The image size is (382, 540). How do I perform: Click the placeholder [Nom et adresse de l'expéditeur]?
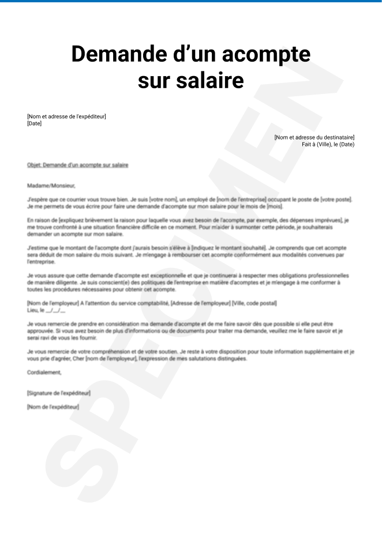pyautogui.click(x=66, y=116)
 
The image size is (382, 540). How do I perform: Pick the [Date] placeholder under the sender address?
pyautogui.click(x=34, y=123)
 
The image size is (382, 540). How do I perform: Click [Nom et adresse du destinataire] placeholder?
pyautogui.click(x=314, y=137)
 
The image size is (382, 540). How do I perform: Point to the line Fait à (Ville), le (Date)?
pyautogui.click(x=328, y=144)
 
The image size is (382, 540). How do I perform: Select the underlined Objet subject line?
pyautogui.click(x=77, y=165)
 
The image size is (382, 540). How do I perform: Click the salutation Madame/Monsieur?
pyautogui.click(x=51, y=186)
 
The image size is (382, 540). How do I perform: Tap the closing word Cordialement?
pyautogui.click(x=44, y=372)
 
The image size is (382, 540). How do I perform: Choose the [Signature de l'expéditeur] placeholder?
pyautogui.click(x=58, y=393)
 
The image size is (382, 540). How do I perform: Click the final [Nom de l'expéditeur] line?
pyautogui.click(x=53, y=407)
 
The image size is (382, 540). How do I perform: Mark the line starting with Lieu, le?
pyautogui.click(x=46, y=310)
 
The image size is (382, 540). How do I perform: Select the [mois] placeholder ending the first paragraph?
pyautogui.click(x=274, y=206)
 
